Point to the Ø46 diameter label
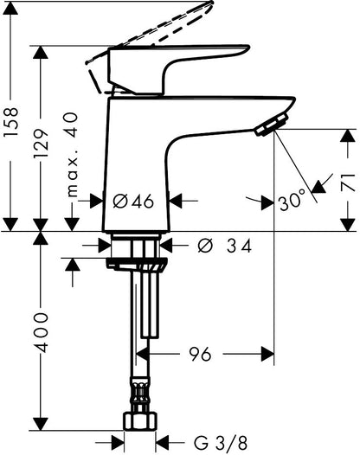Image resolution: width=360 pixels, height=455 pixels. click(x=133, y=201)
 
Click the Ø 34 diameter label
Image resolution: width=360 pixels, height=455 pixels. click(x=223, y=247)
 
